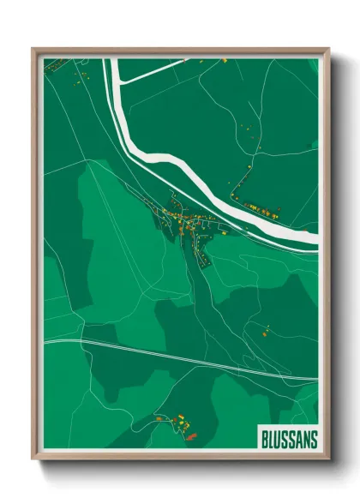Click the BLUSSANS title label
coord(289,439)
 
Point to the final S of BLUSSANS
coord(313,439)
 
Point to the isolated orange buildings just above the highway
coord(265,331)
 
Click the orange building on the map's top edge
coord(224,61)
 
